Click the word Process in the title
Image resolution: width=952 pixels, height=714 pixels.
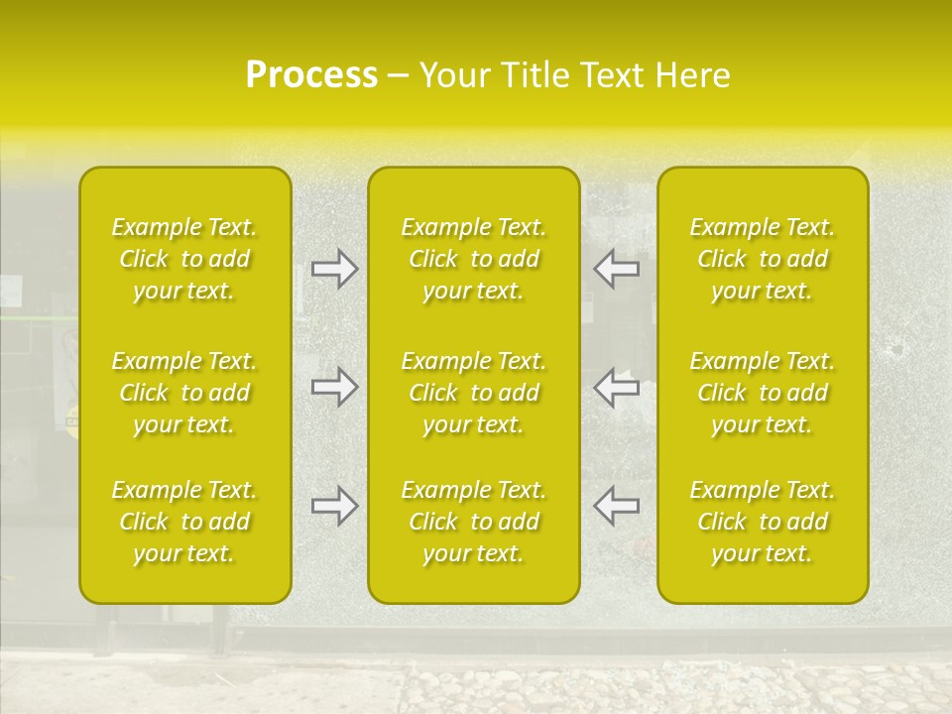point(311,75)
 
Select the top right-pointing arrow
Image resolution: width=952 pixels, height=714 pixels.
point(335,269)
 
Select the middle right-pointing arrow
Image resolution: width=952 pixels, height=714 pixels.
point(335,387)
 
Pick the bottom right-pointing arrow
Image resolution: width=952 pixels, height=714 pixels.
point(335,506)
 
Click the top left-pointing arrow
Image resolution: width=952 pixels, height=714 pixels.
point(616,269)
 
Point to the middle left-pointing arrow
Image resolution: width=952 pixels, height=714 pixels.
point(616,387)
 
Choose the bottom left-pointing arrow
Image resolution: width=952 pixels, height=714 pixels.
point(616,506)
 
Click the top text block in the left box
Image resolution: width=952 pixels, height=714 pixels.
point(184,259)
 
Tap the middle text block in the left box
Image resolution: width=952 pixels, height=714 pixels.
point(184,393)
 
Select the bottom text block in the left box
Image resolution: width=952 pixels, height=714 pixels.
point(184,522)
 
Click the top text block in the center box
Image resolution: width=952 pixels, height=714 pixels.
point(473,259)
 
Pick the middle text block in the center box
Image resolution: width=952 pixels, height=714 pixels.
point(473,393)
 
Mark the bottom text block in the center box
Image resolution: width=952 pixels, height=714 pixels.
point(473,522)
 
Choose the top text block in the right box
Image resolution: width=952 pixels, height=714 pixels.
point(763,259)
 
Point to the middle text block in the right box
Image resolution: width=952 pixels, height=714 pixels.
point(763,393)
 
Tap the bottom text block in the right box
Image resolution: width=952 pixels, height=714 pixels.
point(763,522)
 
